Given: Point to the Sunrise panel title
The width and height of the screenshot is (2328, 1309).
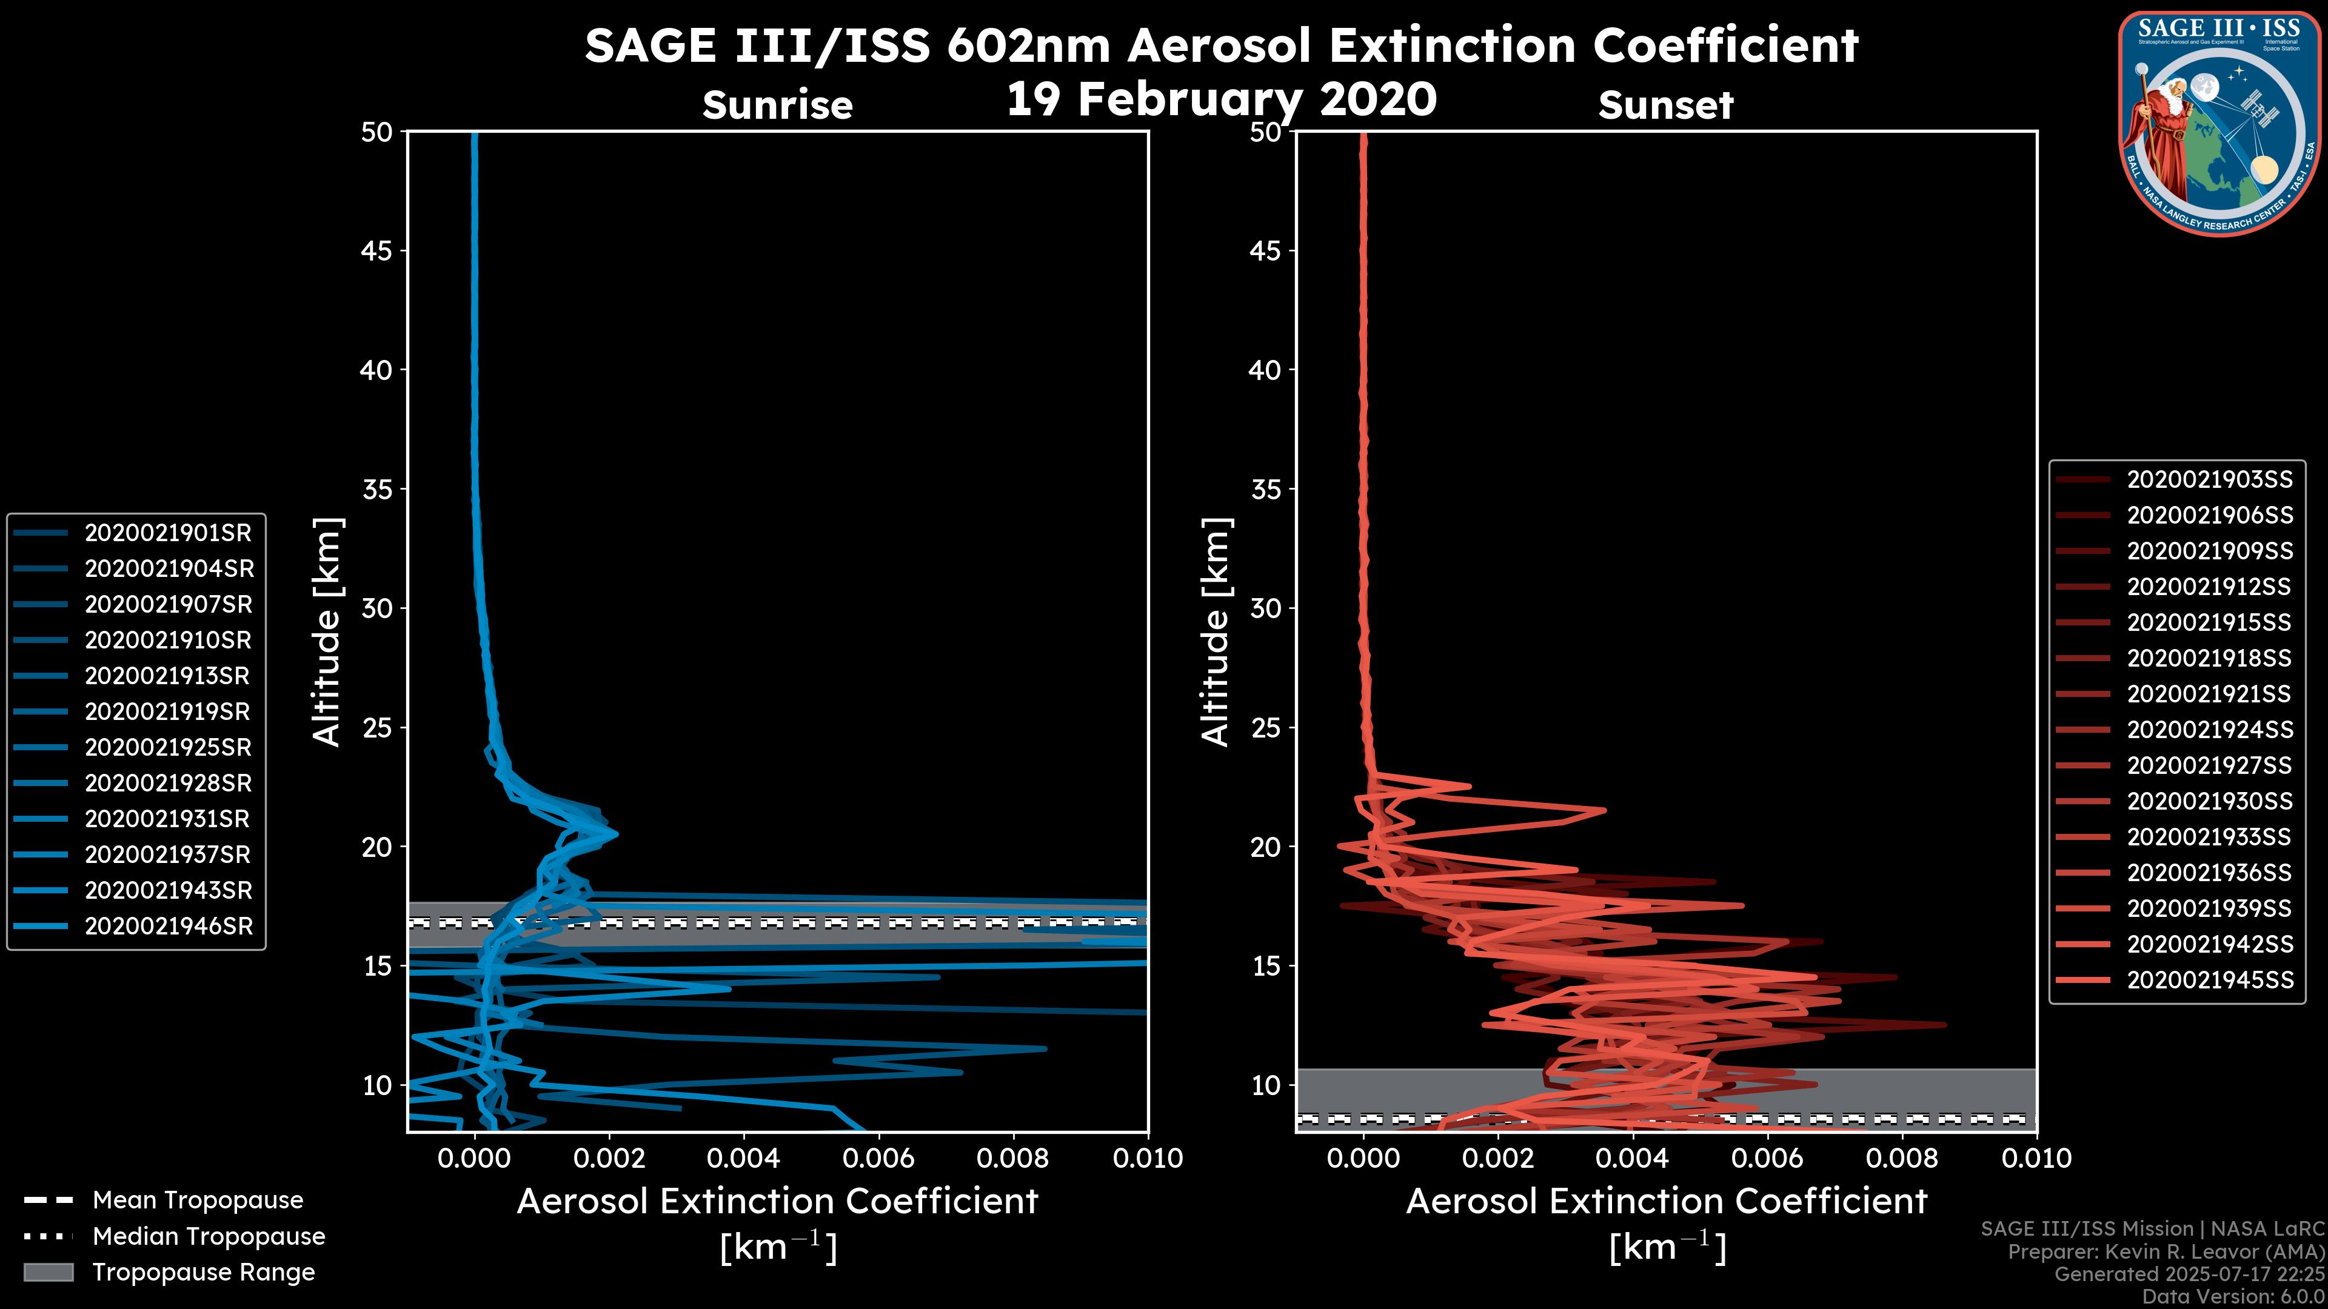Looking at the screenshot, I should [x=777, y=105].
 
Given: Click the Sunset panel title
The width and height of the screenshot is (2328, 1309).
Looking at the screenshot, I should [x=1665, y=105].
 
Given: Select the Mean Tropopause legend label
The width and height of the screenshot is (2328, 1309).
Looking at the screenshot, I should [x=197, y=1201].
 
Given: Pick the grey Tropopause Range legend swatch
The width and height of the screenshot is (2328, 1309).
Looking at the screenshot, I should [x=48, y=1272].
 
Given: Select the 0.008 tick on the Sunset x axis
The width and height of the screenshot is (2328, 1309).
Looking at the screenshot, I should [x=1901, y=1158].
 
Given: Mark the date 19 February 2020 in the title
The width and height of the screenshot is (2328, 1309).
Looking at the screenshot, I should [x=1221, y=99].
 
